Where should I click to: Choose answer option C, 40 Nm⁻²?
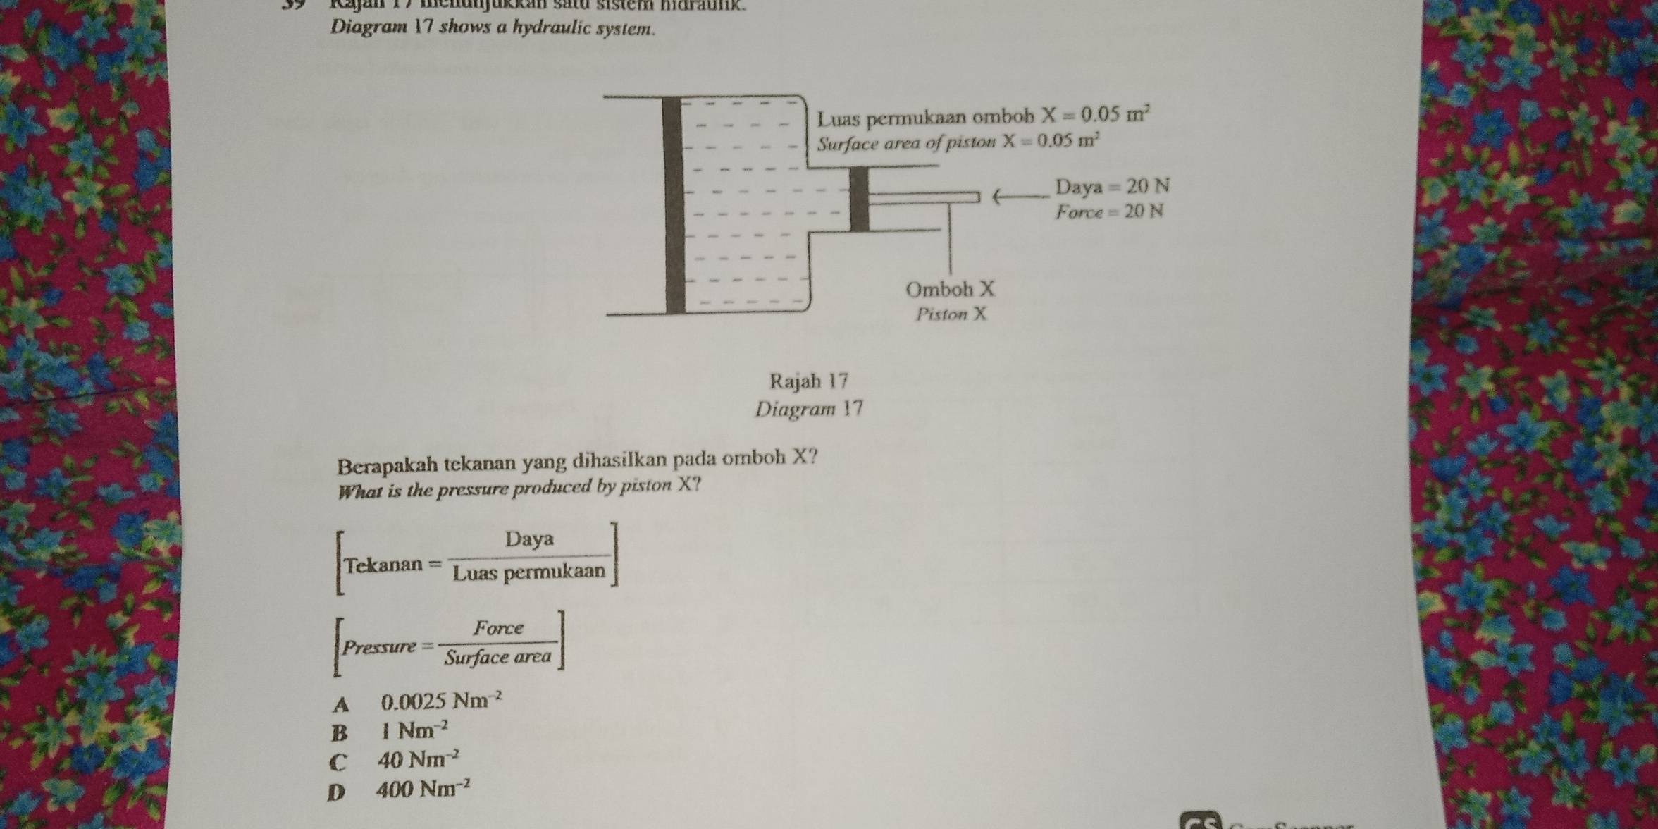click(419, 760)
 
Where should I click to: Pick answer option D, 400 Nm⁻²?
click(423, 789)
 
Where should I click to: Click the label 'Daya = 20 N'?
click(1112, 187)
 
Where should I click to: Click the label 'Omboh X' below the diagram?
click(950, 289)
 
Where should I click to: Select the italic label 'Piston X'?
click(951, 314)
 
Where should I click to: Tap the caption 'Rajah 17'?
click(809, 381)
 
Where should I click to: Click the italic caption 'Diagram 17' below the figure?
click(808, 409)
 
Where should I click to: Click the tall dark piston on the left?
click(674, 204)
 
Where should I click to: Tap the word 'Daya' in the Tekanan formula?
click(529, 540)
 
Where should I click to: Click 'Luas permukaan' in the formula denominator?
click(529, 572)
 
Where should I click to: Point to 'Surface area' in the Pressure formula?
click(498, 658)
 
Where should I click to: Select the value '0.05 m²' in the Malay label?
click(1116, 114)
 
